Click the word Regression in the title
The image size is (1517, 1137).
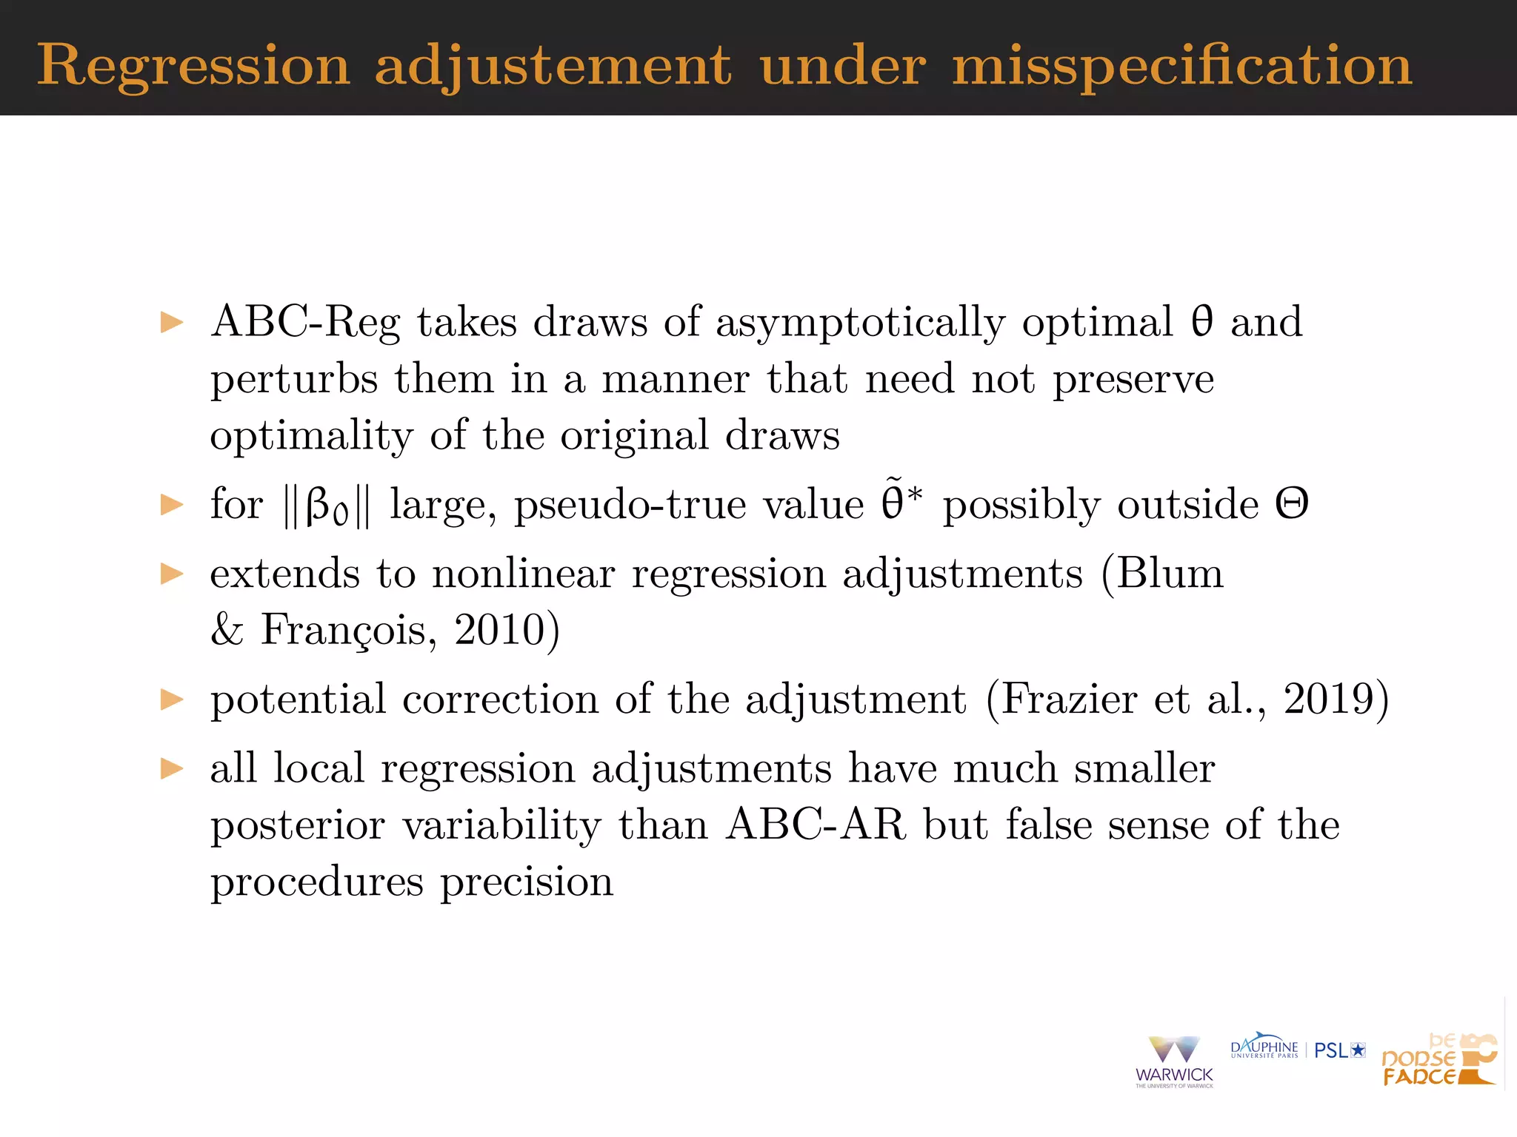point(193,67)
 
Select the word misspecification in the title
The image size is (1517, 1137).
point(1182,67)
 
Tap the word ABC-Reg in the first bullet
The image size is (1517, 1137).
point(305,323)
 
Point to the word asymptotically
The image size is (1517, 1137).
point(860,323)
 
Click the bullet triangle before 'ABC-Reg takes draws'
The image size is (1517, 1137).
point(172,323)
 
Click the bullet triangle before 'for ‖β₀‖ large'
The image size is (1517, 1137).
point(172,505)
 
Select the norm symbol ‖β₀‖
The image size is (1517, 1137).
point(326,506)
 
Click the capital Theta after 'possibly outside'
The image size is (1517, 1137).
point(1292,505)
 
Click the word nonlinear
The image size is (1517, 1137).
point(523,574)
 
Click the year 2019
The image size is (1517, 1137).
point(1329,700)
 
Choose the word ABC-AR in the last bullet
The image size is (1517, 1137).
point(816,825)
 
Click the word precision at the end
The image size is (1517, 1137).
point(527,882)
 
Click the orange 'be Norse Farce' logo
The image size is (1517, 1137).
point(1439,1060)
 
